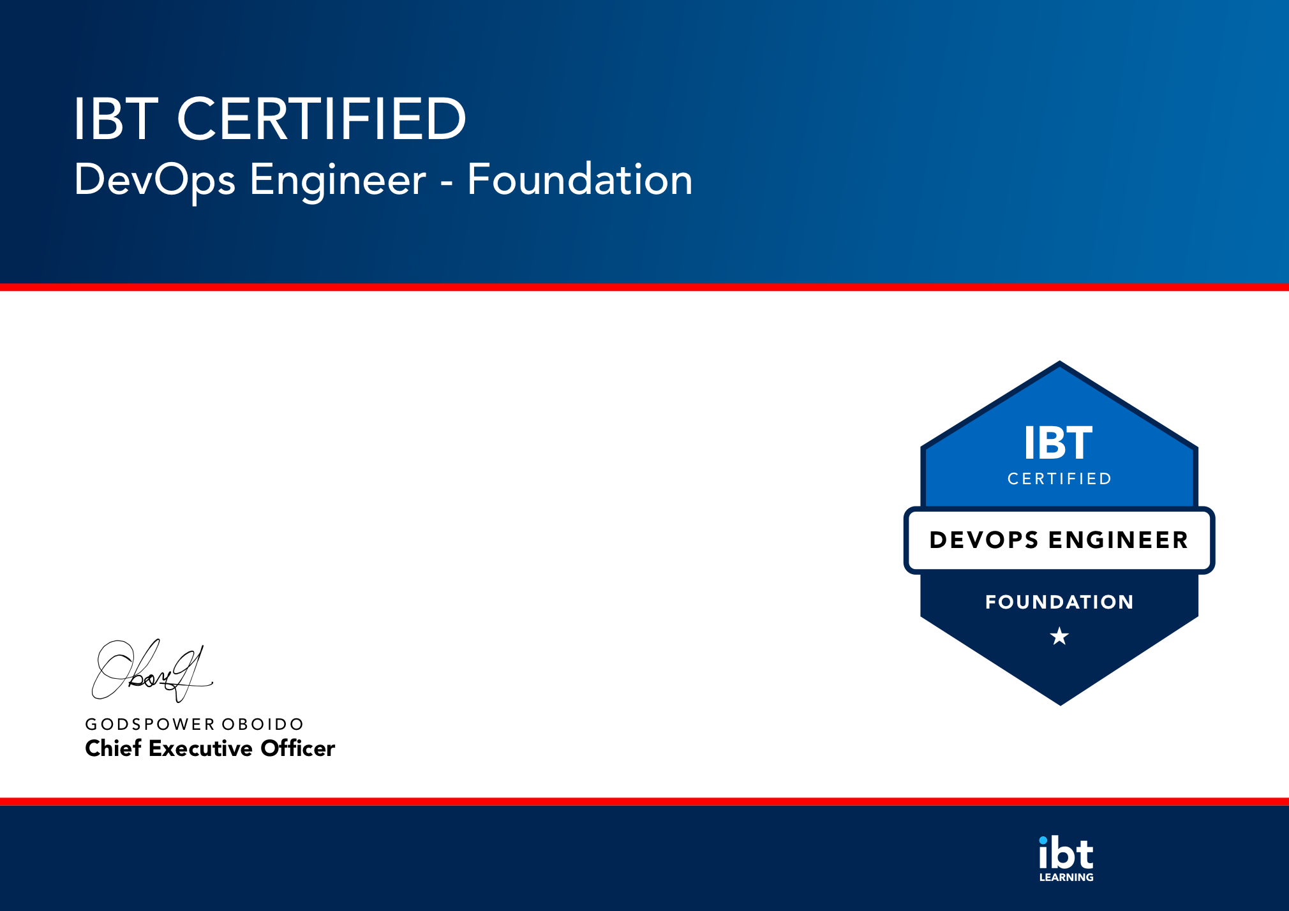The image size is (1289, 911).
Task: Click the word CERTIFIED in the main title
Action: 322,119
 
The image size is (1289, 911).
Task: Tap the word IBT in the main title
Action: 115,119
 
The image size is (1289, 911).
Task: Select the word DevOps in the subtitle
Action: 155,181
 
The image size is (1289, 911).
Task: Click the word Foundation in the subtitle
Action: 580,179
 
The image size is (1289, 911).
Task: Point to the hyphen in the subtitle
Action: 447,185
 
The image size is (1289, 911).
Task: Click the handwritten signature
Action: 152,670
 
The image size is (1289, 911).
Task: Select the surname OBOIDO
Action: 262,724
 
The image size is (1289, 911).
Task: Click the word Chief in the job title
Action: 113,748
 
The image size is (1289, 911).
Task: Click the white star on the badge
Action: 1059,636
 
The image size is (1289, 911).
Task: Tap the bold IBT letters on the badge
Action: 1058,443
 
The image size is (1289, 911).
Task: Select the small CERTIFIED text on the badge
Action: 1059,478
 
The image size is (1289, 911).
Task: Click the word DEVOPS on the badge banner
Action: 984,540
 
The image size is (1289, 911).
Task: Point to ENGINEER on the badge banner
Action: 1119,540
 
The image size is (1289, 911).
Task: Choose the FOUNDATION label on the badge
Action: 1059,602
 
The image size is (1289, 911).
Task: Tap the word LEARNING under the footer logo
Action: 1066,877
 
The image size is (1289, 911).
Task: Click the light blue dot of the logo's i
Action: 1043,840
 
